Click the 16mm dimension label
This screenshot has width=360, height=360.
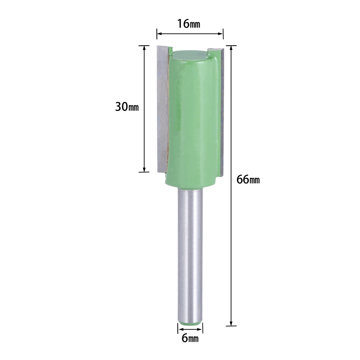pos(189,24)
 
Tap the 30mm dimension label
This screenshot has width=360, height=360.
pos(127,107)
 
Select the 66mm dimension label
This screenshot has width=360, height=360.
pos(248,179)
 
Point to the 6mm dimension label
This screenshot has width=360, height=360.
pos(190,338)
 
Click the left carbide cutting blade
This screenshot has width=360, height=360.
pos(163,109)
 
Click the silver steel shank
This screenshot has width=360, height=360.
pos(190,255)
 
